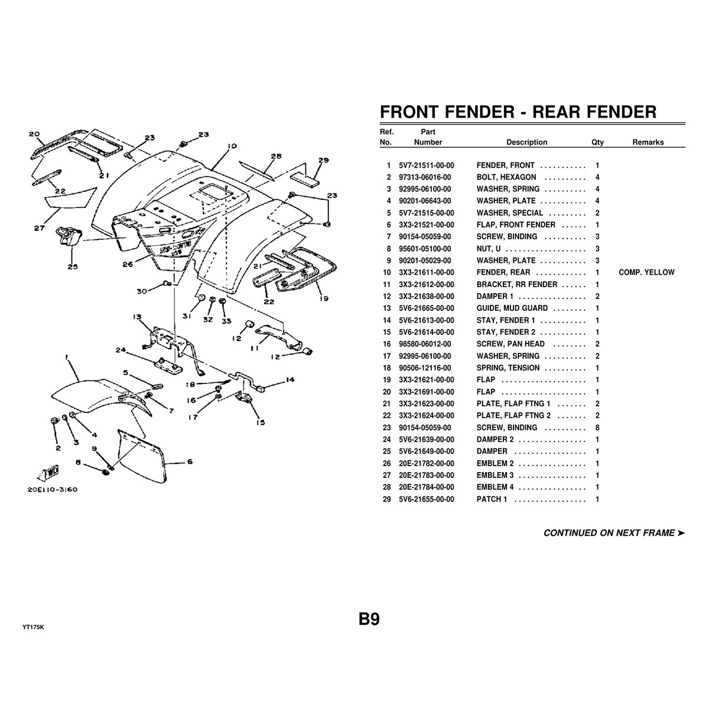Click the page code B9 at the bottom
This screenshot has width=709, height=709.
[x=369, y=619]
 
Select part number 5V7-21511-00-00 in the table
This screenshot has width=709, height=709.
[x=427, y=165]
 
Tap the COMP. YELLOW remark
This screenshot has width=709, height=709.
[x=646, y=272]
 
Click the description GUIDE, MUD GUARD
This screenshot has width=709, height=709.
[x=512, y=308]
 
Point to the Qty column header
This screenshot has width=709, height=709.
[x=597, y=142]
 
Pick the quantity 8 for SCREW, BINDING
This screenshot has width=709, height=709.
[x=598, y=428]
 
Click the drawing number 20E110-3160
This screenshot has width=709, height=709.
[x=53, y=489]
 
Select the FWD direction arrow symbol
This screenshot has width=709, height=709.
[x=45, y=473]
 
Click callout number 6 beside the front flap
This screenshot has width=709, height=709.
[x=189, y=462]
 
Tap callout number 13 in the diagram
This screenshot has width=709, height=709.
[x=138, y=317]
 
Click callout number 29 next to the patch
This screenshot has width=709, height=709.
[x=323, y=160]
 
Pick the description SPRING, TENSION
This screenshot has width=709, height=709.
[x=508, y=368]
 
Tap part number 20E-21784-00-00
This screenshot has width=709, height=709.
[x=427, y=487]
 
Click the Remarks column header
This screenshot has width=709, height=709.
[x=648, y=142]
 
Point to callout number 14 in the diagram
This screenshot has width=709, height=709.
[x=290, y=380]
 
